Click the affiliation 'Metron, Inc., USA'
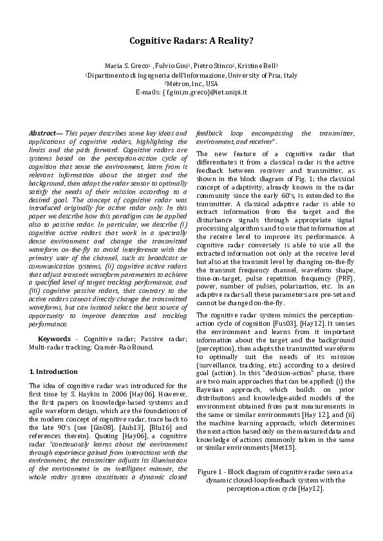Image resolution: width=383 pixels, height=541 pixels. click(191, 84)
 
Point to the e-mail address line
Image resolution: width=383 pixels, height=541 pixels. click(191, 92)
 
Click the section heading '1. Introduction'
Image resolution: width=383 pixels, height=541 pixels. click(54, 371)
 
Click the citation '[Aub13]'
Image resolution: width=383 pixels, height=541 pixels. click(139, 418)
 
